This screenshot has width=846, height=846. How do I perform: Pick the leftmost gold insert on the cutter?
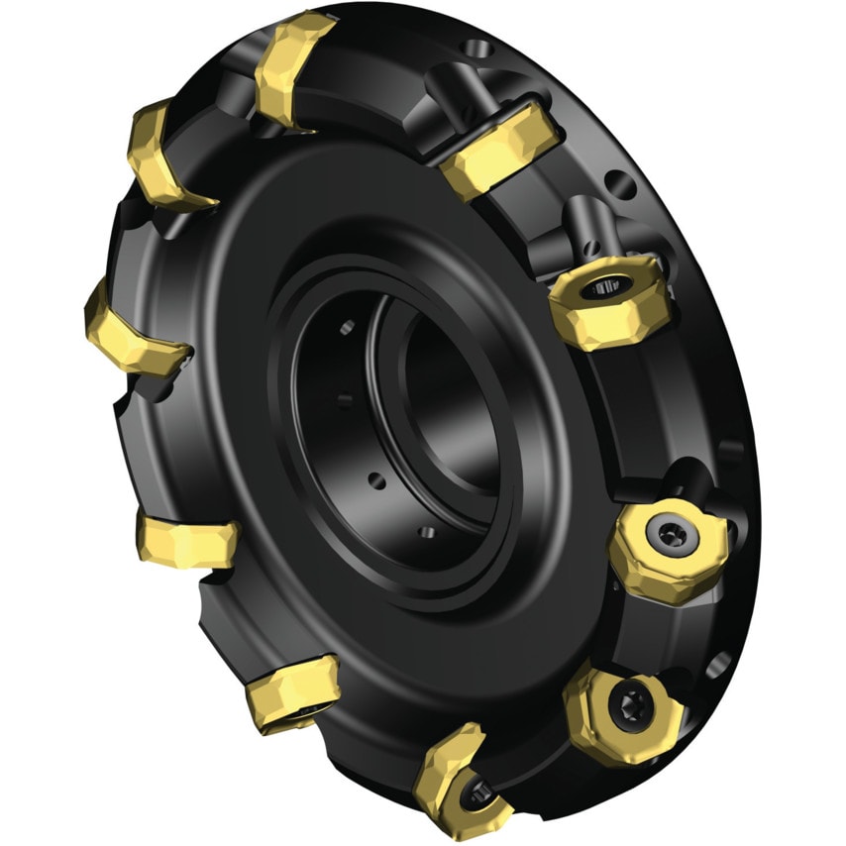pos(129,332)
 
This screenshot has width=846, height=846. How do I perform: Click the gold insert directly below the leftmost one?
pos(188,541)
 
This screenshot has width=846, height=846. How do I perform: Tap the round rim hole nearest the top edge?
pos(479,47)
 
